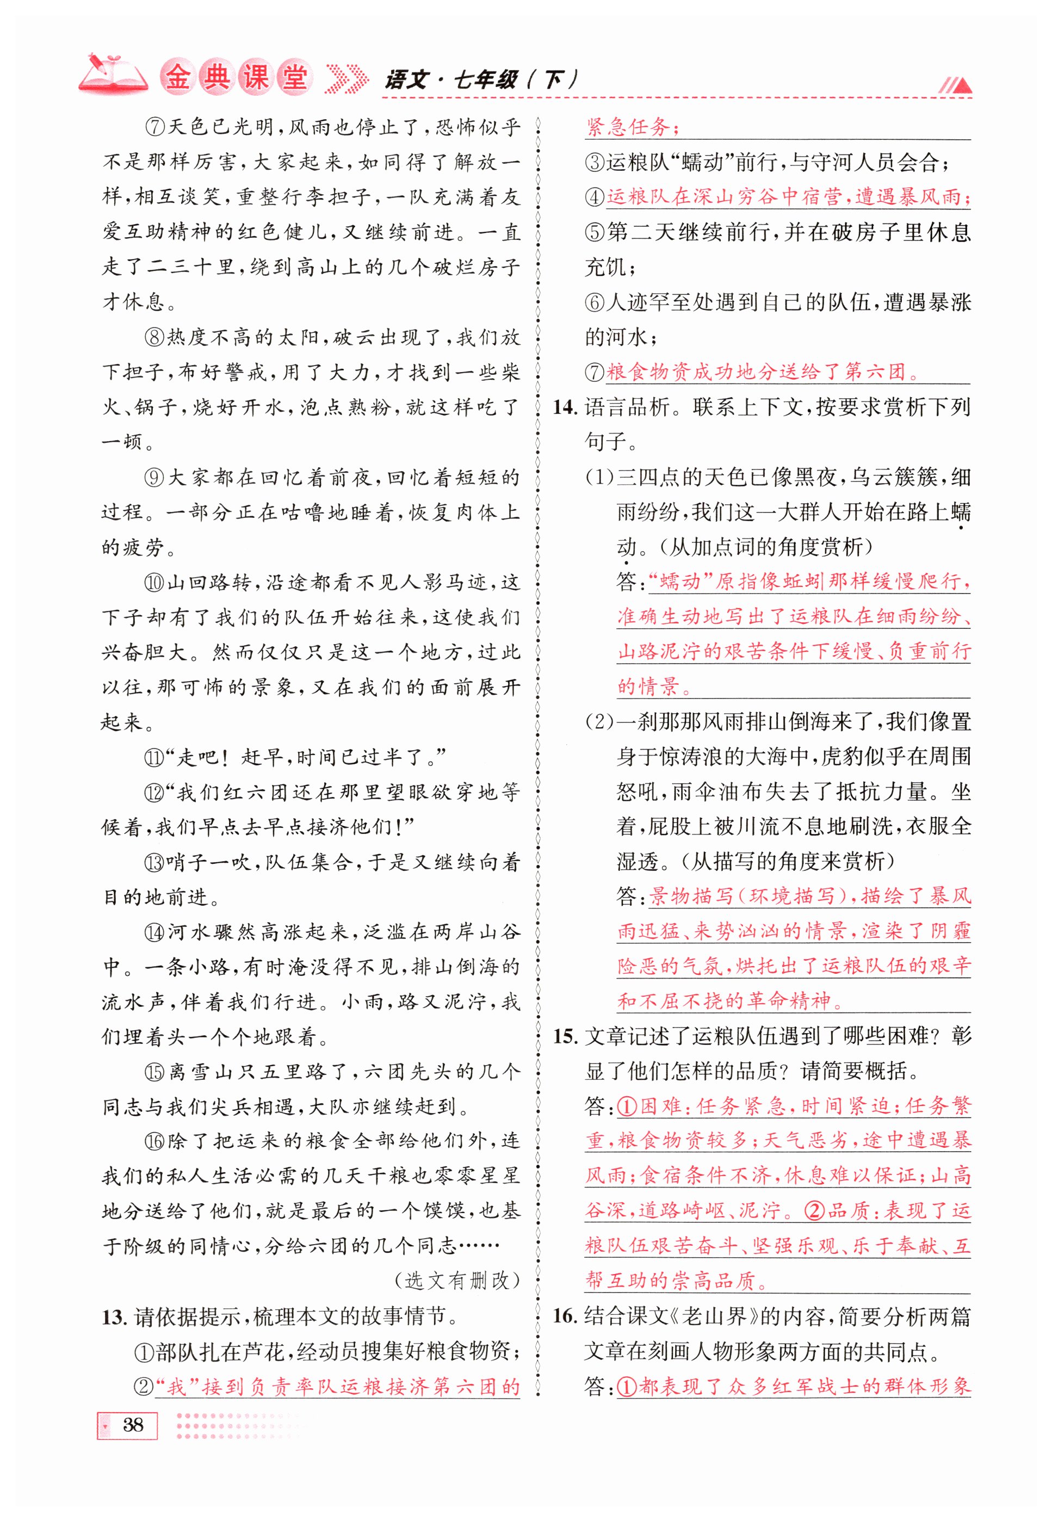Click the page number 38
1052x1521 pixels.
(x=133, y=1425)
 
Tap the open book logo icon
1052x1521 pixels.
(x=112, y=74)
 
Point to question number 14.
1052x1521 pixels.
(x=565, y=407)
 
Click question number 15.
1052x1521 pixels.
(x=565, y=1037)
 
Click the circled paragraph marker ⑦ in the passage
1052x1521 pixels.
(x=155, y=127)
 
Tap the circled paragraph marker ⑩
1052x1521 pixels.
(x=154, y=583)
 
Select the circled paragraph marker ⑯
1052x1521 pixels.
(x=155, y=1141)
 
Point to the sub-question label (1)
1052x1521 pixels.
(x=599, y=477)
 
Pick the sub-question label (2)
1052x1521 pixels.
(x=599, y=722)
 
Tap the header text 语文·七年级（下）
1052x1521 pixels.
(x=481, y=81)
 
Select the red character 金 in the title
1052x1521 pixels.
(x=177, y=78)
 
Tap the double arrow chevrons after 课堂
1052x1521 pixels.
(x=348, y=79)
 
